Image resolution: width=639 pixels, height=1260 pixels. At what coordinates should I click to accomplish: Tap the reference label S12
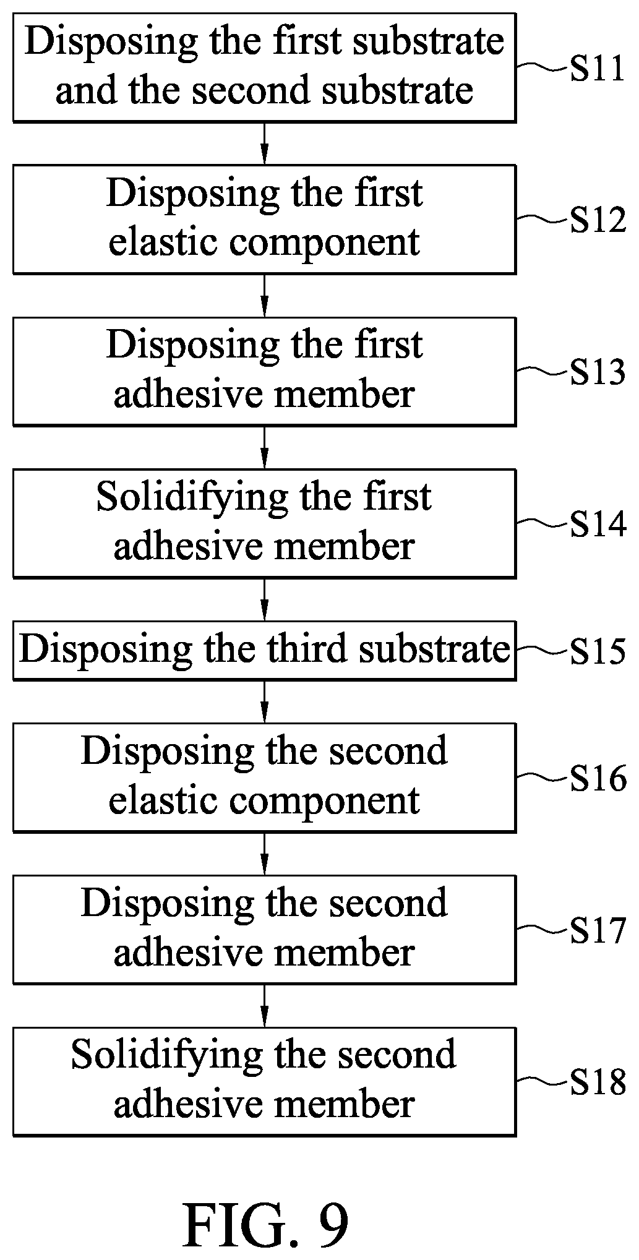(x=598, y=221)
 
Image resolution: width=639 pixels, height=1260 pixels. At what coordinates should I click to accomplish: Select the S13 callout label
(x=598, y=373)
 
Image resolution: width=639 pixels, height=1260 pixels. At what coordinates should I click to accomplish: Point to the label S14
(x=598, y=525)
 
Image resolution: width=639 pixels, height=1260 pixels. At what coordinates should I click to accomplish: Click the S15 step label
(x=598, y=651)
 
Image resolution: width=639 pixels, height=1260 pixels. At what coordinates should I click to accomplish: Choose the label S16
(x=598, y=779)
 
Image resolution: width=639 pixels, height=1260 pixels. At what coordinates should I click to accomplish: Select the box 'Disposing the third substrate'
(x=264, y=651)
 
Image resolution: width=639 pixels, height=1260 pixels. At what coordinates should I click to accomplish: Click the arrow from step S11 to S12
(x=264, y=144)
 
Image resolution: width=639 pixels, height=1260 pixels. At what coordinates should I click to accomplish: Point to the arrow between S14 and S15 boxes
(x=264, y=600)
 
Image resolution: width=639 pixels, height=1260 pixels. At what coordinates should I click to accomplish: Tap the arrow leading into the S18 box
(x=264, y=1006)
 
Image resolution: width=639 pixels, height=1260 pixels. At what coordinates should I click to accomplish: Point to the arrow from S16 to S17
(x=264, y=854)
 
